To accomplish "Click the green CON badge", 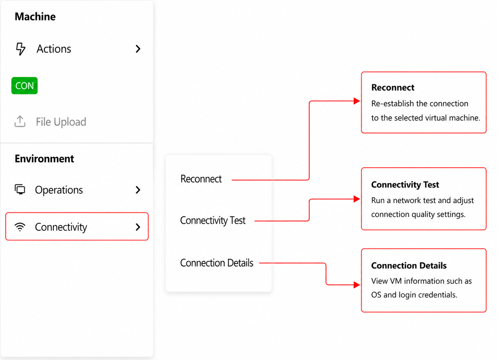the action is pyautogui.click(x=24, y=86).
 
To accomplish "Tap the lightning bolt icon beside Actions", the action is pyautogui.click(x=21, y=49).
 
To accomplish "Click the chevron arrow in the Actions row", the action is pyautogui.click(x=138, y=49).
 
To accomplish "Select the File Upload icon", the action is pyautogui.click(x=20, y=121).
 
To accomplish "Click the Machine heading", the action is pyautogui.click(x=35, y=17).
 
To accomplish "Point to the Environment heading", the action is pyautogui.click(x=44, y=159).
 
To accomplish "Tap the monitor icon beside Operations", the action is pyautogui.click(x=20, y=190).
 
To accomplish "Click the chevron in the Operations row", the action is pyautogui.click(x=138, y=190).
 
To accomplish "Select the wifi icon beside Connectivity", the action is pyautogui.click(x=20, y=227).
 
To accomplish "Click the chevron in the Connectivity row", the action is pyautogui.click(x=138, y=227).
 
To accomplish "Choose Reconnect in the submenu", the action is pyautogui.click(x=201, y=179).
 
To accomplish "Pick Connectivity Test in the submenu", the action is pyautogui.click(x=213, y=220).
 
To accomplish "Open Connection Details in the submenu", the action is pyautogui.click(x=217, y=263).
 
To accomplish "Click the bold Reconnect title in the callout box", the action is pyautogui.click(x=393, y=87).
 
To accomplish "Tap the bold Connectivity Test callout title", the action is pyautogui.click(x=405, y=185).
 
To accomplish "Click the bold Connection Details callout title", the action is pyautogui.click(x=409, y=266).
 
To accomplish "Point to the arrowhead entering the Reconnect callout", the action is pyautogui.click(x=357, y=101).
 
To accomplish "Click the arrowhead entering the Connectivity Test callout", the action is pyautogui.click(x=357, y=199).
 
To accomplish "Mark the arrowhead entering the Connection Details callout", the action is pyautogui.click(x=357, y=285).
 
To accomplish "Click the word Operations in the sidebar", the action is pyautogui.click(x=59, y=190).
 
